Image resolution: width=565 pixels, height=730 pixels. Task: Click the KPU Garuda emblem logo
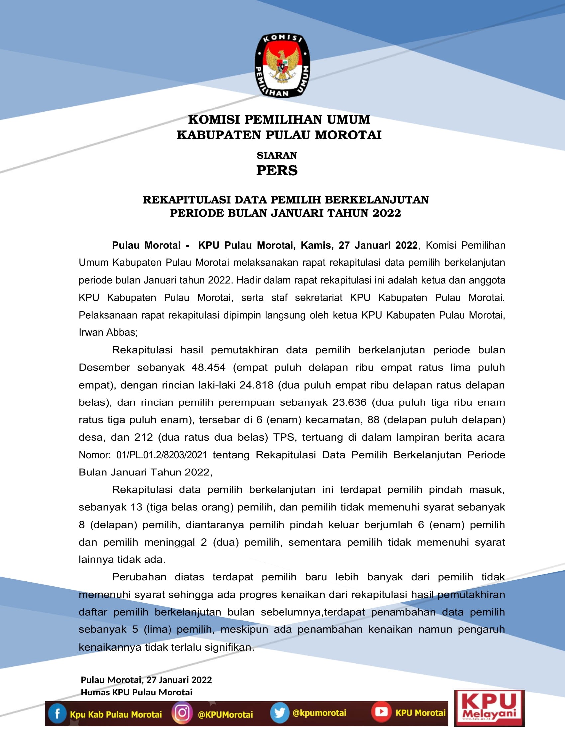tap(282, 65)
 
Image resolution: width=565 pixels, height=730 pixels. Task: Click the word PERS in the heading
tap(277, 171)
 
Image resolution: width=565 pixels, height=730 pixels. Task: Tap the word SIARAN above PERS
tap(277, 155)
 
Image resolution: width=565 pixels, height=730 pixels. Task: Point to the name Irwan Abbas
tap(107, 332)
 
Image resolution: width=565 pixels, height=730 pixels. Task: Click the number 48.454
tap(208, 368)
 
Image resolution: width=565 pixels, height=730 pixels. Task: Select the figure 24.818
tap(256, 385)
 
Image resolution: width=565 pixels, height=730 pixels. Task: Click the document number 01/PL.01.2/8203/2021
tap(162, 455)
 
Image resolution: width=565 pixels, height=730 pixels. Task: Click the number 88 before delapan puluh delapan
tap(373, 420)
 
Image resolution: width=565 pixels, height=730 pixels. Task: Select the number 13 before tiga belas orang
tap(137, 507)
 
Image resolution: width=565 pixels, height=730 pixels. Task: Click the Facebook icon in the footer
tap(57, 714)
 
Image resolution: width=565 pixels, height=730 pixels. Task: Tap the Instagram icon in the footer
tap(182, 713)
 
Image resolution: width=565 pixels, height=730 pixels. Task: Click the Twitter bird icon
tap(280, 713)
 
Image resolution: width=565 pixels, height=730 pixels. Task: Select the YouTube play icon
tap(381, 712)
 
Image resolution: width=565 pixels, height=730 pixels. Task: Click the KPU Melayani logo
tap(489, 708)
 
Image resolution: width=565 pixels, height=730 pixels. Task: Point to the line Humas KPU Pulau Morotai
tap(137, 692)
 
